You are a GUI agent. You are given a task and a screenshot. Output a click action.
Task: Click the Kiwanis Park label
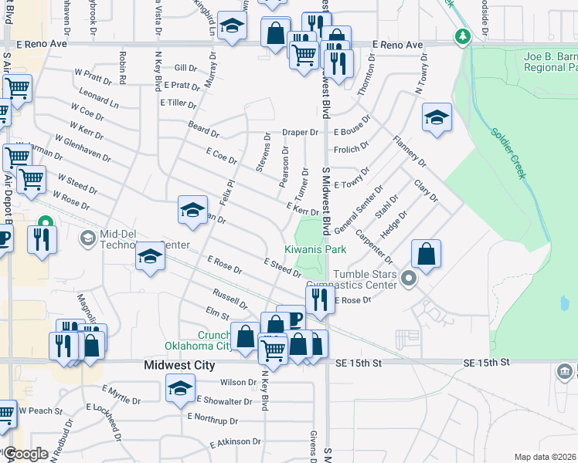pyautogui.click(x=314, y=249)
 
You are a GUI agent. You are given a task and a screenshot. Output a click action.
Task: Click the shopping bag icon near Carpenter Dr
pyautogui.click(x=426, y=253)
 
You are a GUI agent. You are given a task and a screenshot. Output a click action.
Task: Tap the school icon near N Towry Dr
pyautogui.click(x=437, y=118)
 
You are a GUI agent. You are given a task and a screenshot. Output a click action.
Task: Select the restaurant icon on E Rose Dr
pyautogui.click(x=320, y=299)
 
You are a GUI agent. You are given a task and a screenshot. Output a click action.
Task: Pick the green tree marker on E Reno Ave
pyautogui.click(x=462, y=36)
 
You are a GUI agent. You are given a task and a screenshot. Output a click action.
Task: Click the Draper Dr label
pyautogui.click(x=300, y=132)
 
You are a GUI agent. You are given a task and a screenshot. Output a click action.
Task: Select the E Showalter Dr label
pyautogui.click(x=225, y=400)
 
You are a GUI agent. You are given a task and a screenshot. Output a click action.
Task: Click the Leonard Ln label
pyautogui.click(x=99, y=100)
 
